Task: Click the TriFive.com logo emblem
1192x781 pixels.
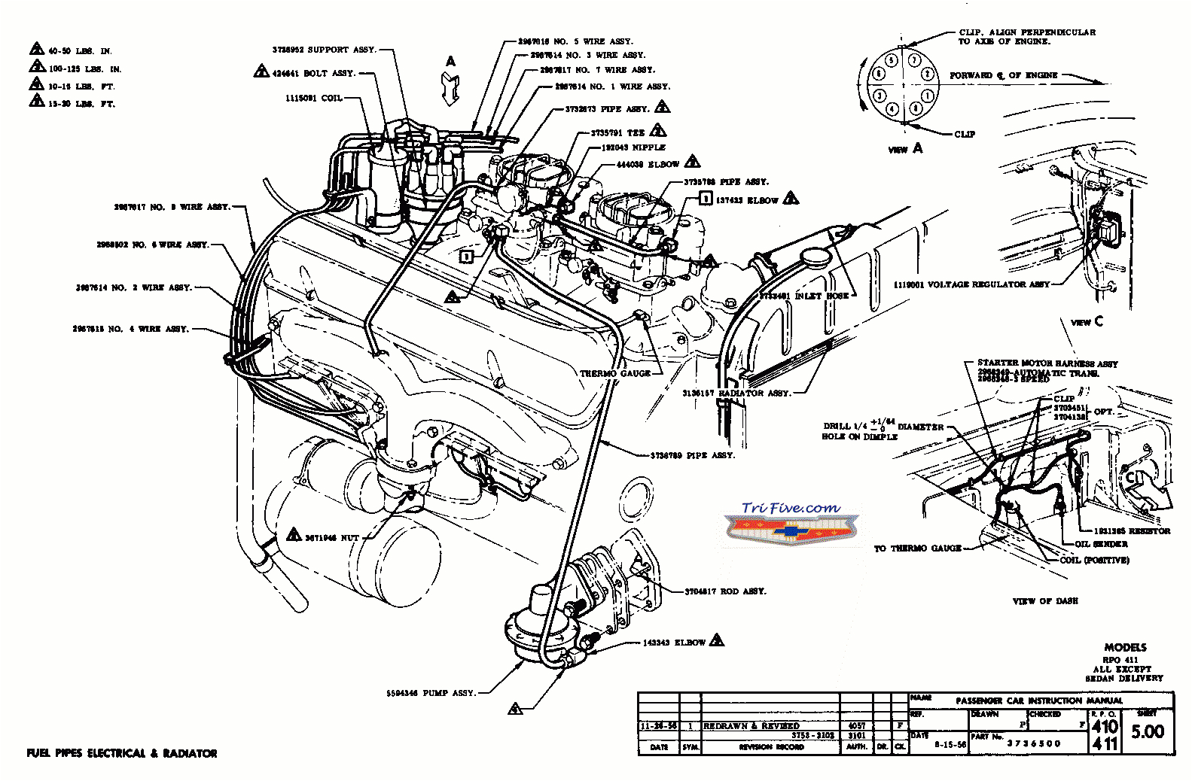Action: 791,524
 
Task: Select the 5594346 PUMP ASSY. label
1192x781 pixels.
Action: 431,693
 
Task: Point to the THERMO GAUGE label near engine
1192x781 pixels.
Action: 615,373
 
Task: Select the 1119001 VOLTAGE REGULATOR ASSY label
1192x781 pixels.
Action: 971,284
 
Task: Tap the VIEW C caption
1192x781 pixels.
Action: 1086,322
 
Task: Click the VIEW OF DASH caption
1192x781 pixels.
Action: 1045,601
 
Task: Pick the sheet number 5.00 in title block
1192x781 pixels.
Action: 1148,731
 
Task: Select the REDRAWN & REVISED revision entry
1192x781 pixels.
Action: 751,726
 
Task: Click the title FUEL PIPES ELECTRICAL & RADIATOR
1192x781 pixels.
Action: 122,753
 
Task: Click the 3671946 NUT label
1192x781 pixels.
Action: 331,537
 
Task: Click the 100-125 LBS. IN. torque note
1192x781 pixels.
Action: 84,69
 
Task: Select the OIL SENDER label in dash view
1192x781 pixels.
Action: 1101,544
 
